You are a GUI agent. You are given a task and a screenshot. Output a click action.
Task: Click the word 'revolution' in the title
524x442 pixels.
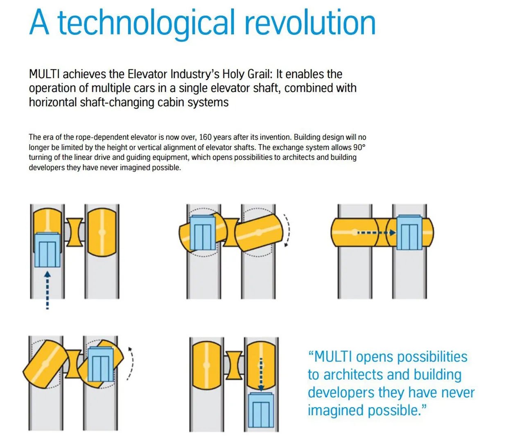pos(310,22)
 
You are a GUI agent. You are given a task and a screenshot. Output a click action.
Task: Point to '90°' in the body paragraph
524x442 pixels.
pos(359,147)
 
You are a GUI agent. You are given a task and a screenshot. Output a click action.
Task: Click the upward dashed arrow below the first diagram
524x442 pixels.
pos(47,290)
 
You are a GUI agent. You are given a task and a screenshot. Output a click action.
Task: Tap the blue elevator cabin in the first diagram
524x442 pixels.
pos(47,250)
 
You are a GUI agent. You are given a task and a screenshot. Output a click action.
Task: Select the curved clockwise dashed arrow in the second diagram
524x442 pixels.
pos(287,230)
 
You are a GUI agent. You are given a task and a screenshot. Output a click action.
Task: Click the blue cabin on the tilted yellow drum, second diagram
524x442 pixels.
pos(203,233)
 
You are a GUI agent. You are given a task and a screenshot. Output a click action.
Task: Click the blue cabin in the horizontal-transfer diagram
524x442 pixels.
pos(409,232)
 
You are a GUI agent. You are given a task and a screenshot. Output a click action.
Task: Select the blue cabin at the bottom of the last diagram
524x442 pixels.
pos(261,410)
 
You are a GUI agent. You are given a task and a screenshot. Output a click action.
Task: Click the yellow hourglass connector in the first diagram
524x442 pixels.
pos(75,232)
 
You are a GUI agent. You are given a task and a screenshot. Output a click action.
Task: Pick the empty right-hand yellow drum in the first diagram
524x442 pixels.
pos(102,232)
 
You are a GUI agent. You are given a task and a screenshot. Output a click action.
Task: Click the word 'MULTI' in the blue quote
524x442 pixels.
pos(332,357)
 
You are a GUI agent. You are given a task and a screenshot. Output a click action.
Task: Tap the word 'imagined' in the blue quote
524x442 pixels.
pos(336,411)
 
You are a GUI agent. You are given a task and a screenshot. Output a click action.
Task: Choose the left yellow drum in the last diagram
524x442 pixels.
pos(207,365)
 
